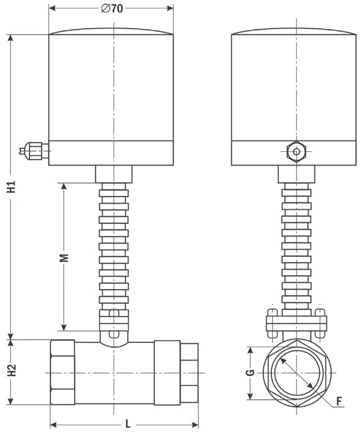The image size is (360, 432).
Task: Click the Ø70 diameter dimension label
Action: [x=112, y=8]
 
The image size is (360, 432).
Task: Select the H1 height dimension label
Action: [x=12, y=187]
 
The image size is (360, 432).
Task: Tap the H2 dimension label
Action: [x=12, y=371]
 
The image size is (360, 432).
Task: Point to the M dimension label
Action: [x=64, y=258]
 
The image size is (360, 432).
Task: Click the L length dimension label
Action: [x=128, y=424]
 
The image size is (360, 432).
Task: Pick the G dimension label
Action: [x=250, y=372]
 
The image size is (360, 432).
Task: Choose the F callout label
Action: [x=339, y=402]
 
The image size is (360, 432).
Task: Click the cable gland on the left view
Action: [x=34, y=151]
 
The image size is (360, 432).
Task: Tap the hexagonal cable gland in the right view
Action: [x=296, y=151]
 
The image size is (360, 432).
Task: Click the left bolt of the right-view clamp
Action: [x=272, y=323]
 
